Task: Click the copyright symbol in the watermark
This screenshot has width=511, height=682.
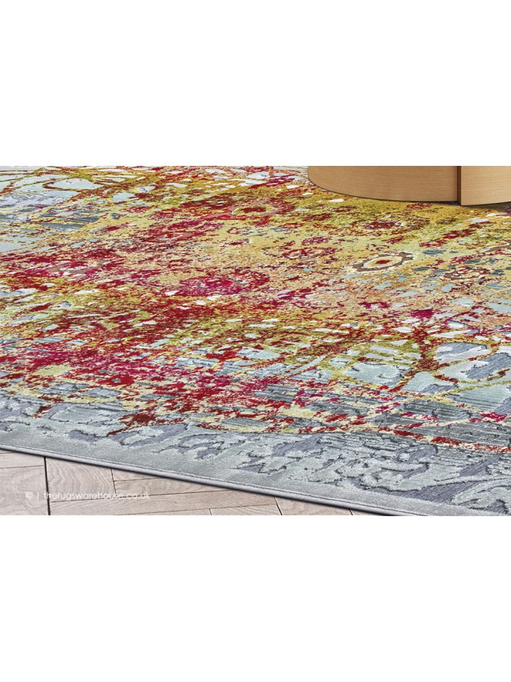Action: (29, 495)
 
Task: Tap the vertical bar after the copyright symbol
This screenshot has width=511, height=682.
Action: (39, 495)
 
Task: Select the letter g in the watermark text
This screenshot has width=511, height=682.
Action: (69, 495)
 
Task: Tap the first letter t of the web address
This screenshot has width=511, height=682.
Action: (45, 495)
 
